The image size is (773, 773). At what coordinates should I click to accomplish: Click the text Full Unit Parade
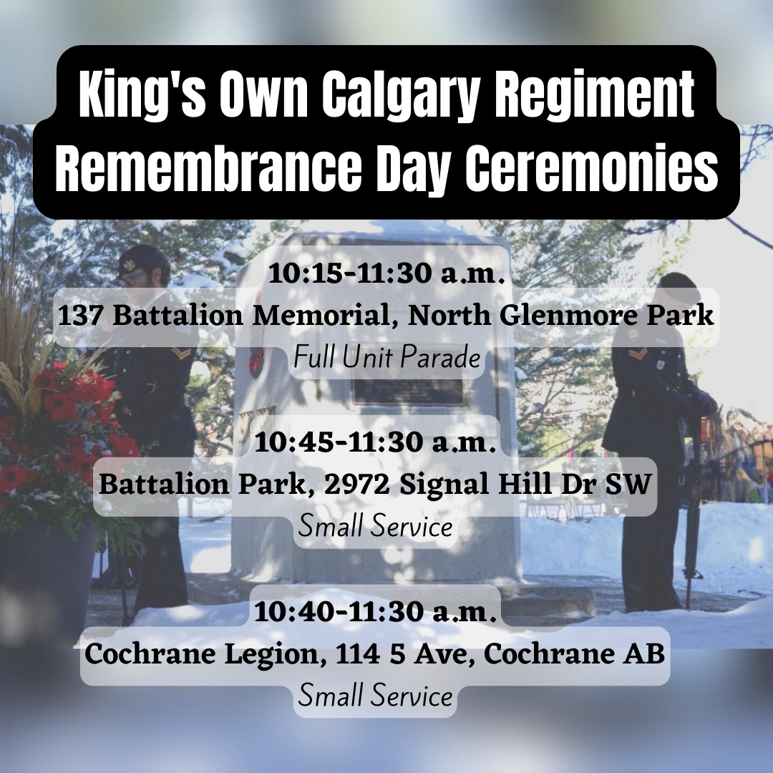[x=386, y=358]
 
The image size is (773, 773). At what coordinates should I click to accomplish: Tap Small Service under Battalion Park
[x=375, y=528]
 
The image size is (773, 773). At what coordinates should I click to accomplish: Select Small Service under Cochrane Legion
[x=375, y=696]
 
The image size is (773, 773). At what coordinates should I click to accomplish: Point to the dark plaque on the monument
[x=408, y=392]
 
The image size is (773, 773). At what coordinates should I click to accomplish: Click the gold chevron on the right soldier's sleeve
[x=640, y=354]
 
